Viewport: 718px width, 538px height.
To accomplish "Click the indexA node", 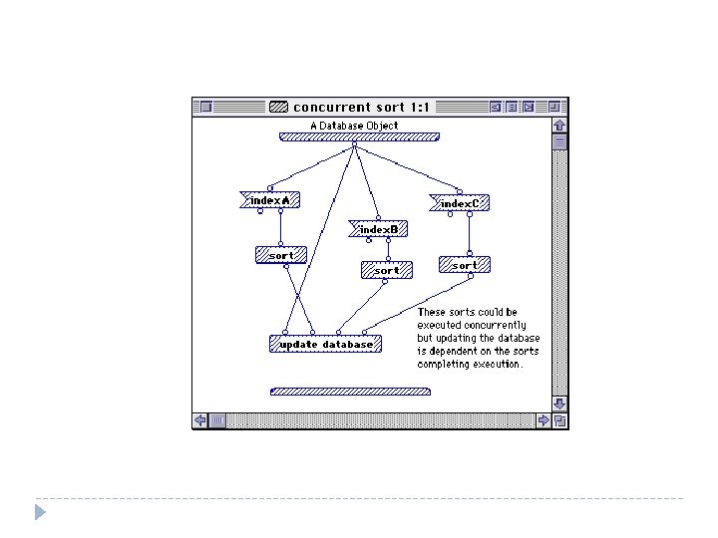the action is [269, 200].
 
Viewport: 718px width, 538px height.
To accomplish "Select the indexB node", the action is [378, 229].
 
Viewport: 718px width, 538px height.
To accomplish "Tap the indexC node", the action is [460, 203].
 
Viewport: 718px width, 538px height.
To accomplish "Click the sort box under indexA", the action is [281, 255].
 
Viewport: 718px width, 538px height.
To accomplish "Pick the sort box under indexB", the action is [387, 270].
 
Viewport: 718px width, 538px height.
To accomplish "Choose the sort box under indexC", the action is [465, 265].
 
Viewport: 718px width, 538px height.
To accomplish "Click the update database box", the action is [325, 344].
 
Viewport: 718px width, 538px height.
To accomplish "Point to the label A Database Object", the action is [354, 126].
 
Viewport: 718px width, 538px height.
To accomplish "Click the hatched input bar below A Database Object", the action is [359, 136].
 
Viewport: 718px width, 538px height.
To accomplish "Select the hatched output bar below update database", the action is [350, 392].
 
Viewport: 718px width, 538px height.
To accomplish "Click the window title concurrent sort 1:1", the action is [361, 107].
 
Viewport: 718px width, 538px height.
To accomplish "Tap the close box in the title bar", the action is [206, 107].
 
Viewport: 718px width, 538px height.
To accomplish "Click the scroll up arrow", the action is [559, 126].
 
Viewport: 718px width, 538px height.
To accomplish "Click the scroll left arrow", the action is [200, 420].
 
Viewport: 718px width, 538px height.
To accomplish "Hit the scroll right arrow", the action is [543, 420].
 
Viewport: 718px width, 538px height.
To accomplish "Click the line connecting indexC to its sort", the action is [470, 234].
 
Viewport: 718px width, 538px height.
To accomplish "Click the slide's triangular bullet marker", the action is [40, 512].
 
